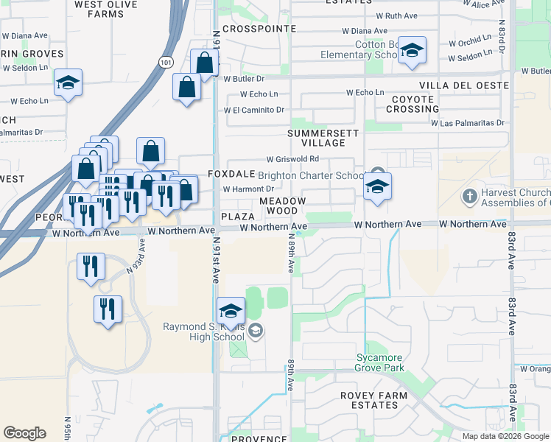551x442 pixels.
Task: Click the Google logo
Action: (x=24, y=433)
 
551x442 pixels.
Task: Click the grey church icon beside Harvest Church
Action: (x=468, y=197)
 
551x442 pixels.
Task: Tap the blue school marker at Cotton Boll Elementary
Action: (x=412, y=52)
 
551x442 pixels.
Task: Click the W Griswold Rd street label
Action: (x=292, y=159)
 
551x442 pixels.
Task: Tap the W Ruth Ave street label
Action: (x=396, y=15)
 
